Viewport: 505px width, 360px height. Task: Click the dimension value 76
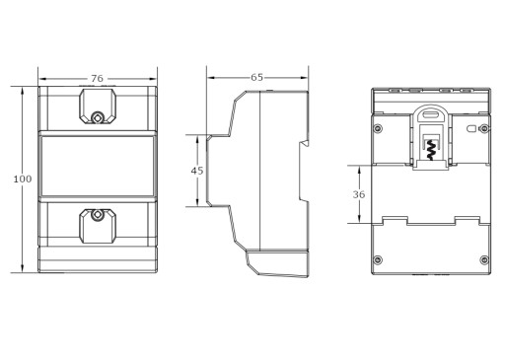pos(97,79)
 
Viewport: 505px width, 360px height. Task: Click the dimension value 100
pos(23,179)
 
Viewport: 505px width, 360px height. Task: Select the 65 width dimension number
pos(256,77)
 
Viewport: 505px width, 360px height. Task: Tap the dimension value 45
pos(197,171)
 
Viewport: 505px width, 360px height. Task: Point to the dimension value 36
pos(359,194)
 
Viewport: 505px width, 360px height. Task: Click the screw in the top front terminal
pos(98,117)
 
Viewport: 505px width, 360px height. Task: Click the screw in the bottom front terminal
pos(97,215)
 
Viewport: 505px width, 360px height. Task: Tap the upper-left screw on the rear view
pos(378,128)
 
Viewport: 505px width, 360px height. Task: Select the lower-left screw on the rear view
pos(378,259)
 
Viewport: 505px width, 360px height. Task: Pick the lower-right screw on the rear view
pos(484,259)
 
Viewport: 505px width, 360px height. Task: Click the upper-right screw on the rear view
pos(484,128)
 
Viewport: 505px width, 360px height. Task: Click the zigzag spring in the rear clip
pos(430,149)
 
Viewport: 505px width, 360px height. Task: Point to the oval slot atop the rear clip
pos(431,115)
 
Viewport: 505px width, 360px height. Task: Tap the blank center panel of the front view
pos(98,166)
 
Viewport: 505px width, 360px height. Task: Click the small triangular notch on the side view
pos(306,143)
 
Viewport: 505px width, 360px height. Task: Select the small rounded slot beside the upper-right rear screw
pos(471,128)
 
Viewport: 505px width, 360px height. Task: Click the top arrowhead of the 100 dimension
pos(23,91)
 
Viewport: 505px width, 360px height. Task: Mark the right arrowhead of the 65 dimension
pos(304,78)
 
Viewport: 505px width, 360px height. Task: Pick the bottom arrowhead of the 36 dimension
pos(359,219)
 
